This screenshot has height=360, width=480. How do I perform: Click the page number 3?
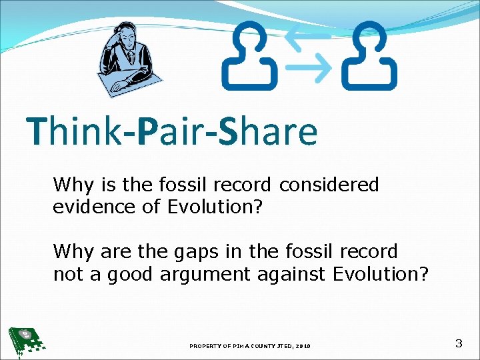[458, 344]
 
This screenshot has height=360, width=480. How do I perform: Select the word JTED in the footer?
[279, 346]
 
